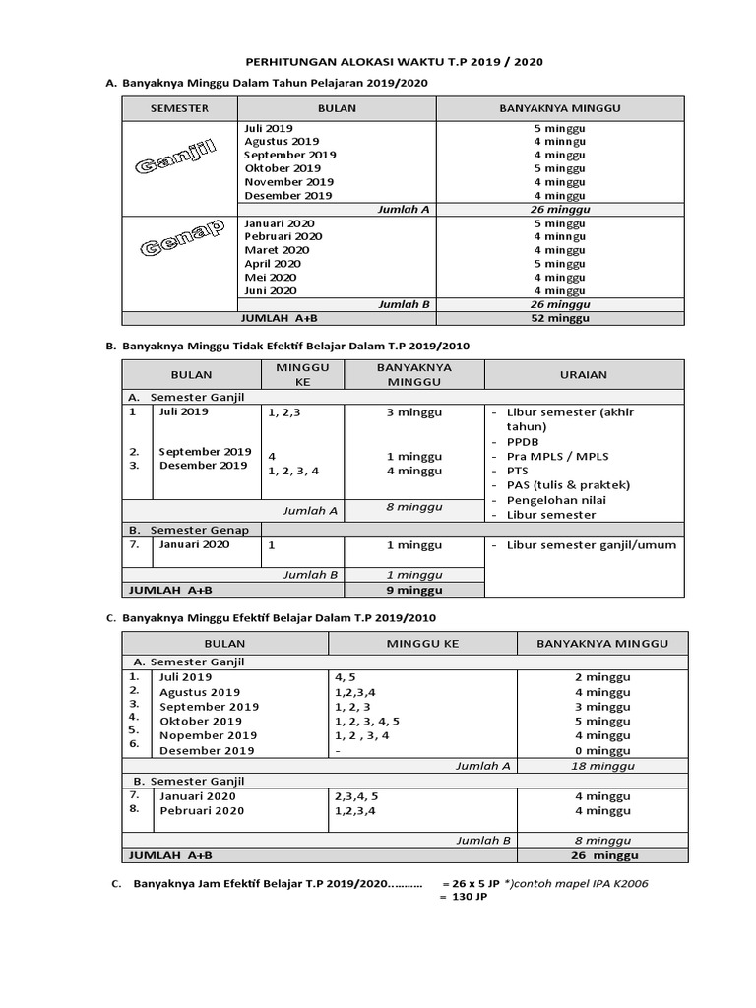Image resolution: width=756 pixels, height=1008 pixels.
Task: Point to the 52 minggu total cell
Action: (559, 318)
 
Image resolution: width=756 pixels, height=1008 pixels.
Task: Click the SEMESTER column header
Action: (180, 108)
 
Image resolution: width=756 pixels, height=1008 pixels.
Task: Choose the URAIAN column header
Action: (584, 374)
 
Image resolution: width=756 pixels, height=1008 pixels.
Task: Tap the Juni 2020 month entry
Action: (270, 290)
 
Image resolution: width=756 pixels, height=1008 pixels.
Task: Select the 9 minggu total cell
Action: (413, 590)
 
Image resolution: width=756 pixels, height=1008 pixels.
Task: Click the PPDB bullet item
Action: (523, 442)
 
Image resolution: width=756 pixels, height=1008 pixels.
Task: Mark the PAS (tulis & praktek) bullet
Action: (567, 485)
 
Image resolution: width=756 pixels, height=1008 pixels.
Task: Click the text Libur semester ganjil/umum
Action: (591, 544)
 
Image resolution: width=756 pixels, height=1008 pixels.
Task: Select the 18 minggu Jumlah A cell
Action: (602, 765)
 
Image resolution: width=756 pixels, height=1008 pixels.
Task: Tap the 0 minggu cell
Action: (602, 750)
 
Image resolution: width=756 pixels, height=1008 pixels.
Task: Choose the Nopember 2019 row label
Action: (209, 735)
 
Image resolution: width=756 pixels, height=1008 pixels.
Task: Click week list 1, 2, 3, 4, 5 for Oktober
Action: (368, 721)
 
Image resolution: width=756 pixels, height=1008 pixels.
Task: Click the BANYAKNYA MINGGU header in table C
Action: (602, 643)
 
